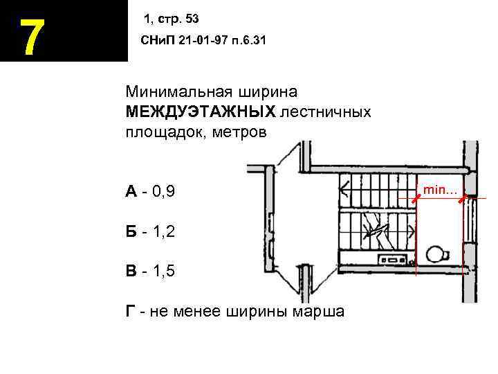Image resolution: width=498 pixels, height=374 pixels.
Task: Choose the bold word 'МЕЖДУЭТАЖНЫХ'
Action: coord(201,112)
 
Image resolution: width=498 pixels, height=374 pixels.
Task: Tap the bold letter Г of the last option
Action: coord(130,311)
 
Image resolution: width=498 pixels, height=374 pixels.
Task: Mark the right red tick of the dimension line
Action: coord(463,199)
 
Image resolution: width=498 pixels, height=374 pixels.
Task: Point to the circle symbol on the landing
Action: coord(436,252)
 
